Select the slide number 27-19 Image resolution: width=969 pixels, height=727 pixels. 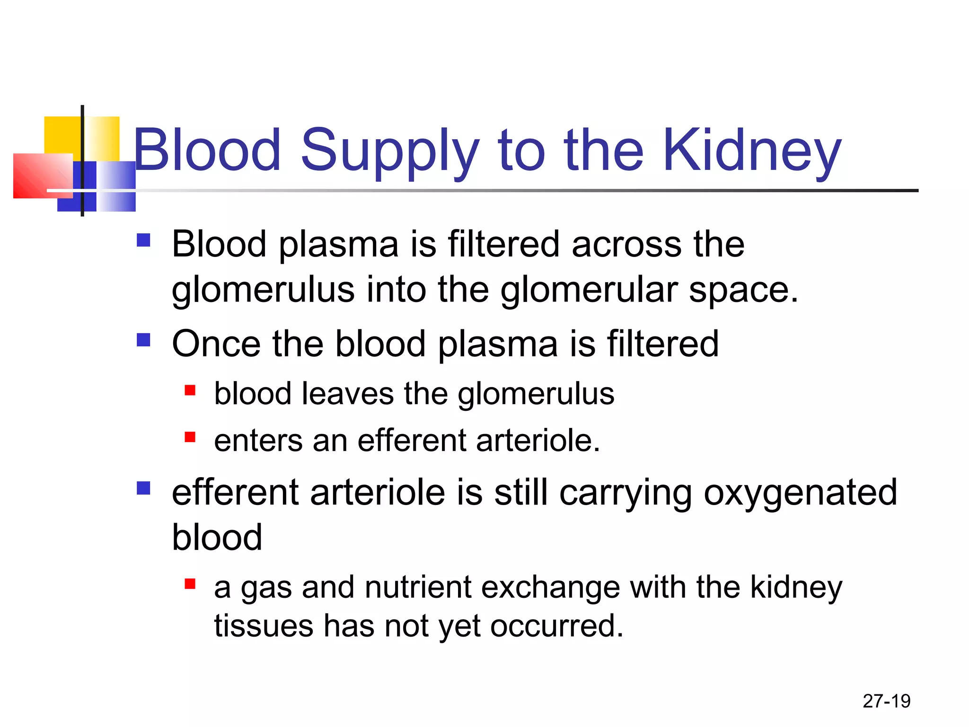click(886, 701)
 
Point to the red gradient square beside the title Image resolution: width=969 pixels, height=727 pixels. click(42, 175)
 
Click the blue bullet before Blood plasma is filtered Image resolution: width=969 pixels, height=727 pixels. click(143, 240)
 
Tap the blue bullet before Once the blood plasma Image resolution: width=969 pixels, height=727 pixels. click(143, 340)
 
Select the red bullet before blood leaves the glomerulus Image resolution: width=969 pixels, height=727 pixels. click(190, 390)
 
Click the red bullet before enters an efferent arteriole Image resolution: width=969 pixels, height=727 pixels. click(190, 437)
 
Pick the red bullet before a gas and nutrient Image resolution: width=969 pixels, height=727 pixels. click(190, 584)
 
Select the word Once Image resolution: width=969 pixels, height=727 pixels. click(216, 344)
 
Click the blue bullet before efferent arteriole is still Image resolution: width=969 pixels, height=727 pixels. click(143, 488)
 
